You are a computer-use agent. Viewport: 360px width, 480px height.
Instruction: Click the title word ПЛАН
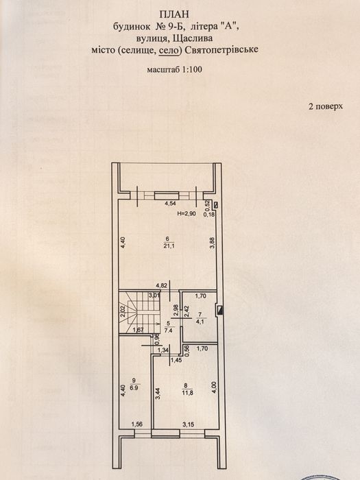click(174, 14)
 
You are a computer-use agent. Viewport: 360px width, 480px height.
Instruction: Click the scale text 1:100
click(192, 69)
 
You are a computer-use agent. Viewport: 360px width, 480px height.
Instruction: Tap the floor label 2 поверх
click(326, 106)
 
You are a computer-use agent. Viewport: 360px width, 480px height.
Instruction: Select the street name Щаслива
click(193, 38)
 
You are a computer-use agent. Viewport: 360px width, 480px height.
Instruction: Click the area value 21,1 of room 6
click(167, 245)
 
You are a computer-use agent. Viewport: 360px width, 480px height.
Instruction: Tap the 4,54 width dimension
click(171, 203)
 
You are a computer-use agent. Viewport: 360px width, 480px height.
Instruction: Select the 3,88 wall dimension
click(214, 244)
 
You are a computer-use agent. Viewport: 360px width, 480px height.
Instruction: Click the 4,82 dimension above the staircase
click(161, 286)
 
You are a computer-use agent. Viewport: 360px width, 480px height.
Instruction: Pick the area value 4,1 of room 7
click(201, 322)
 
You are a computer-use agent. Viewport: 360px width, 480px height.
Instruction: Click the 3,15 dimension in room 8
click(189, 424)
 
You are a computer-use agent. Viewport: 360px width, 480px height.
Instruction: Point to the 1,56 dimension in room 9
click(137, 424)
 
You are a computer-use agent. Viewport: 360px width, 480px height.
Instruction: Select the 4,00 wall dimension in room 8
click(214, 387)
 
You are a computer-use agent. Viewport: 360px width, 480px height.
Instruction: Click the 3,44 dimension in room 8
click(157, 394)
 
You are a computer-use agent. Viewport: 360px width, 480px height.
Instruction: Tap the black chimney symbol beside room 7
click(219, 311)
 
